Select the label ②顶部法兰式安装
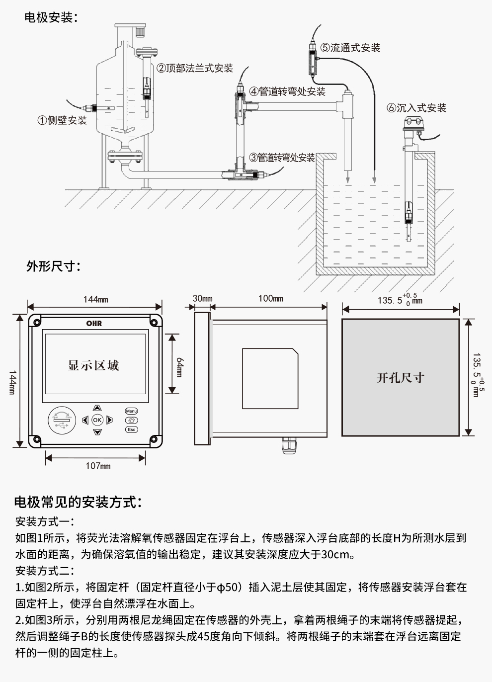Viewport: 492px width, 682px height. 195,68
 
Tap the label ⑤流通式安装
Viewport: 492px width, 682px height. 350,48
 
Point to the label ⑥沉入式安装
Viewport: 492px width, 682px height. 416,108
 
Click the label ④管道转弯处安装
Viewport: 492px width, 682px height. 287,91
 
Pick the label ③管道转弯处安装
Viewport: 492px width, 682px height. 282,158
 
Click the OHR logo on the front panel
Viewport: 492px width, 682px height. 94,323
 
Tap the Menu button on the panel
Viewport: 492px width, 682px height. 131,411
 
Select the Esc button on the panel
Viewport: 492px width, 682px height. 131,429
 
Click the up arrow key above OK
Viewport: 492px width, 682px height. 97,408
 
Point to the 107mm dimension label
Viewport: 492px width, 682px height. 98,466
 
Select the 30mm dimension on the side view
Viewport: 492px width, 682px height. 202,299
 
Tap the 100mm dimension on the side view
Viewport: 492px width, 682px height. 271,298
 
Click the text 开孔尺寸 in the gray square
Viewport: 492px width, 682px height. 400,378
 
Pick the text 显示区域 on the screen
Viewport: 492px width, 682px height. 93,366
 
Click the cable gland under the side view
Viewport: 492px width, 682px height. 288,446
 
